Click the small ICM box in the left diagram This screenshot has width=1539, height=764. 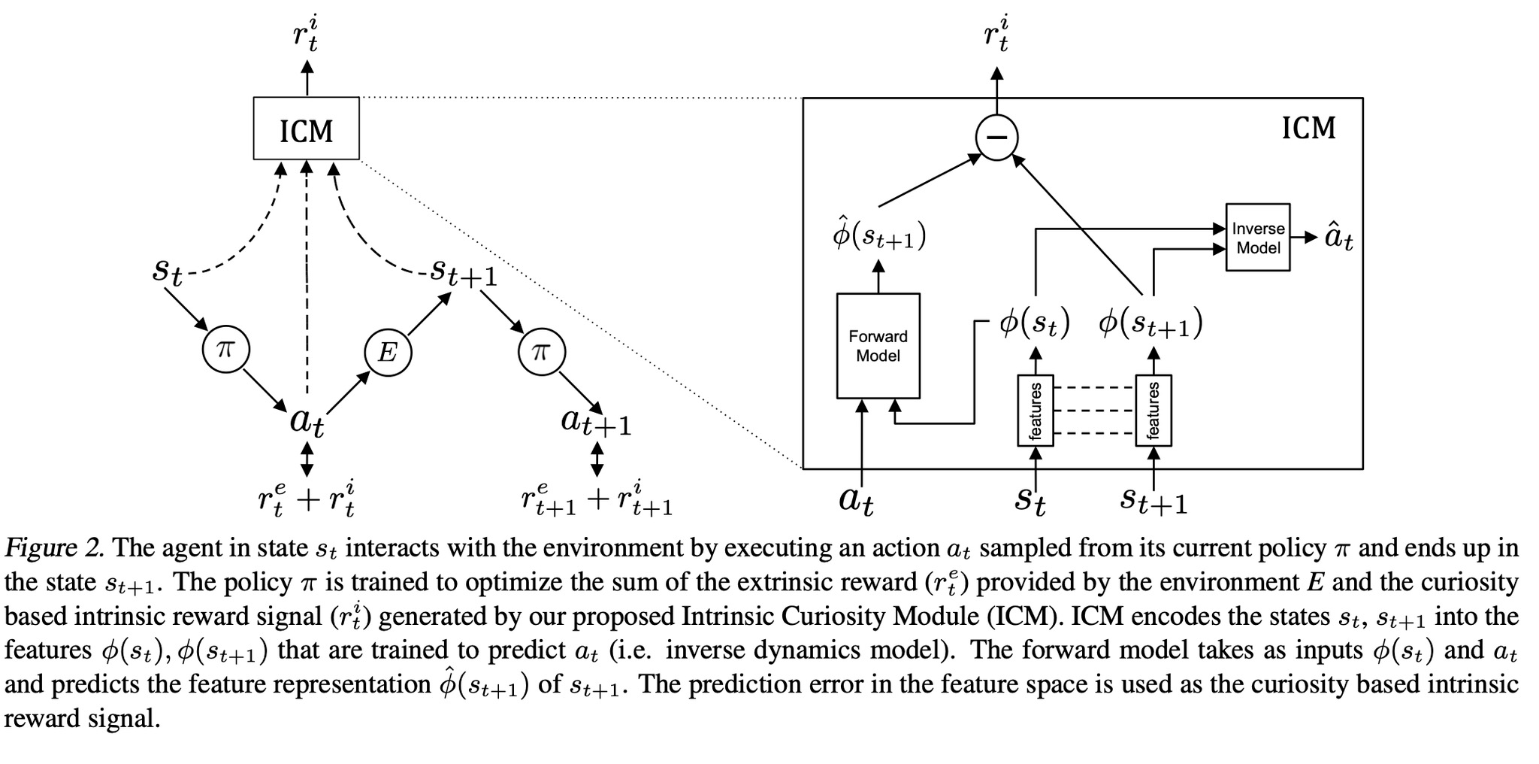click(x=306, y=129)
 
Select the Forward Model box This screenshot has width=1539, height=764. click(x=878, y=346)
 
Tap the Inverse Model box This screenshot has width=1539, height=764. click(x=1257, y=238)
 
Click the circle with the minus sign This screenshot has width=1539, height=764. click(x=996, y=138)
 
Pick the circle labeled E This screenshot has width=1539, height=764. click(x=387, y=351)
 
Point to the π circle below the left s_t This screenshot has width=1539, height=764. click(x=225, y=350)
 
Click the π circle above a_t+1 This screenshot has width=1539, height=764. click(x=541, y=351)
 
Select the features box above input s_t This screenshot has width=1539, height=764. click(x=1036, y=411)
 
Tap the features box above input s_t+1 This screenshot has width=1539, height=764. click(x=1153, y=411)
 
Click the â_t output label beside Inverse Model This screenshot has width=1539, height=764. click(x=1338, y=238)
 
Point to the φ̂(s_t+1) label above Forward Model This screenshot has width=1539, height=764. click(x=878, y=235)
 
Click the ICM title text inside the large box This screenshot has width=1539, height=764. click(x=1308, y=129)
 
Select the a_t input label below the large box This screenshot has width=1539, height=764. click(x=856, y=500)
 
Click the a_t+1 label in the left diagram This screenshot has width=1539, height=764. click(x=596, y=422)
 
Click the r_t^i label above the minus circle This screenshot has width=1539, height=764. click(x=996, y=36)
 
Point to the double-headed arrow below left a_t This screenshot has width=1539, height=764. click(x=306, y=459)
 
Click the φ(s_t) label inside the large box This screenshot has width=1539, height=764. click(x=1034, y=324)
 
